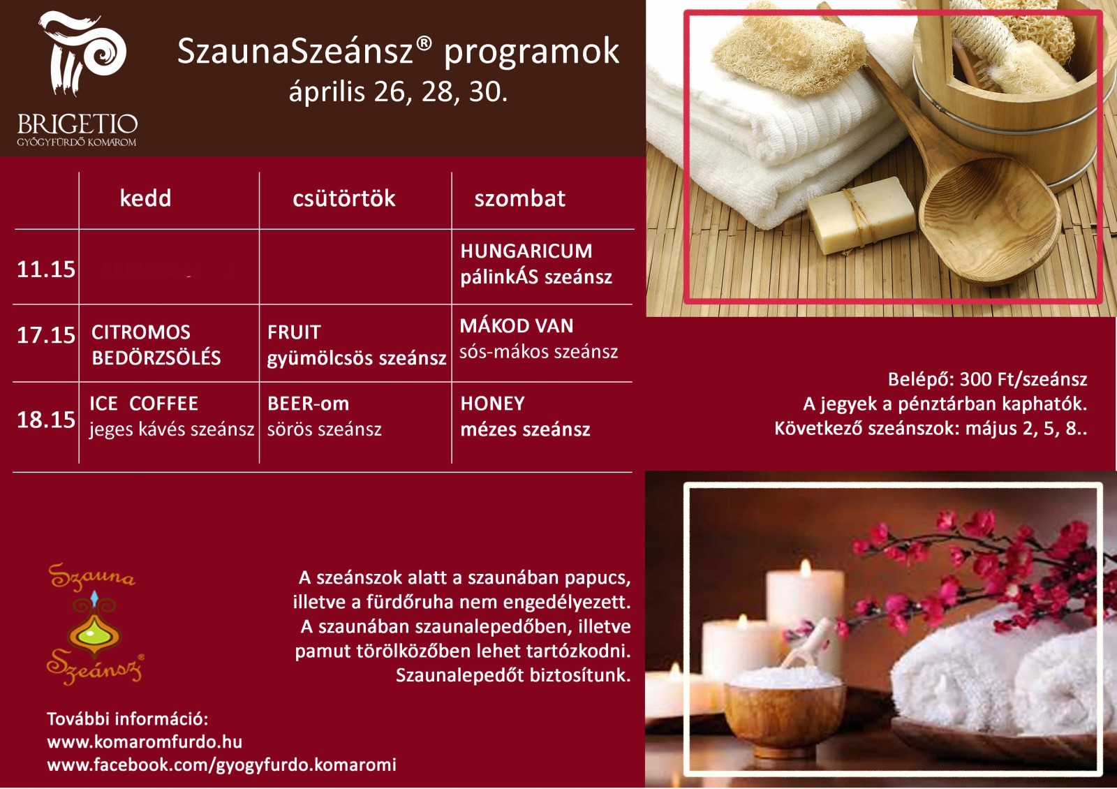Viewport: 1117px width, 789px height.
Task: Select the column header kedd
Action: pyautogui.click(x=146, y=198)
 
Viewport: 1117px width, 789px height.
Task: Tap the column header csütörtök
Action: pyautogui.click(x=344, y=198)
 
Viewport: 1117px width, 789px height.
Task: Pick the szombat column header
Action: pyautogui.click(x=519, y=198)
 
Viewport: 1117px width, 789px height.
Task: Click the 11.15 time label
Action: pyautogui.click(x=46, y=270)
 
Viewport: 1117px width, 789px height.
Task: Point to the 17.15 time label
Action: pyautogui.click(x=46, y=334)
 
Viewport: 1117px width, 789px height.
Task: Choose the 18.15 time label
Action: pyautogui.click(x=46, y=420)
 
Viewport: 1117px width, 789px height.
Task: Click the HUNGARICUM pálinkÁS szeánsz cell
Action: pyautogui.click(x=536, y=265)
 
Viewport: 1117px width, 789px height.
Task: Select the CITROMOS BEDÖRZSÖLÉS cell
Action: pyautogui.click(x=156, y=345)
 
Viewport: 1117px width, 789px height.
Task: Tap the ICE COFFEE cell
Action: pyautogui.click(x=172, y=416)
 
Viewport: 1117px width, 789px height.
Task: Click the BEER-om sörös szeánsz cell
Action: pyautogui.click(x=325, y=416)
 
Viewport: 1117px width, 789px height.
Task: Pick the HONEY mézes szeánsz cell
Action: pyautogui.click(x=525, y=416)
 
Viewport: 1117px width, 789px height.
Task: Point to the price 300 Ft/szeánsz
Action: pyautogui.click(x=1023, y=380)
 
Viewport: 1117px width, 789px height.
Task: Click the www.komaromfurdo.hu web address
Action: pyautogui.click(x=145, y=742)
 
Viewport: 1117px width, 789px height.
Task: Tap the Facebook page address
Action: pyautogui.click(x=221, y=765)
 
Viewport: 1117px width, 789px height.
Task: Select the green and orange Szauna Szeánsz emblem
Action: pyautogui.click(x=94, y=624)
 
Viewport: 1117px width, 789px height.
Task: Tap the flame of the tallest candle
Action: pyautogui.click(x=805, y=568)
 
